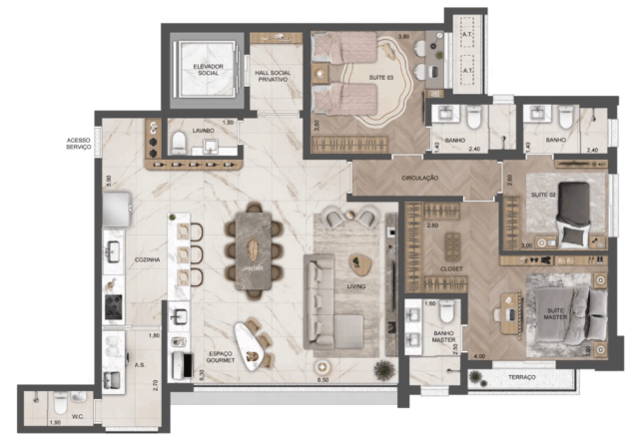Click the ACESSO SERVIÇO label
point(79,143)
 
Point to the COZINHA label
point(148,258)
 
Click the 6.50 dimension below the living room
point(322,380)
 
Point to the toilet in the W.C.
point(58,405)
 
